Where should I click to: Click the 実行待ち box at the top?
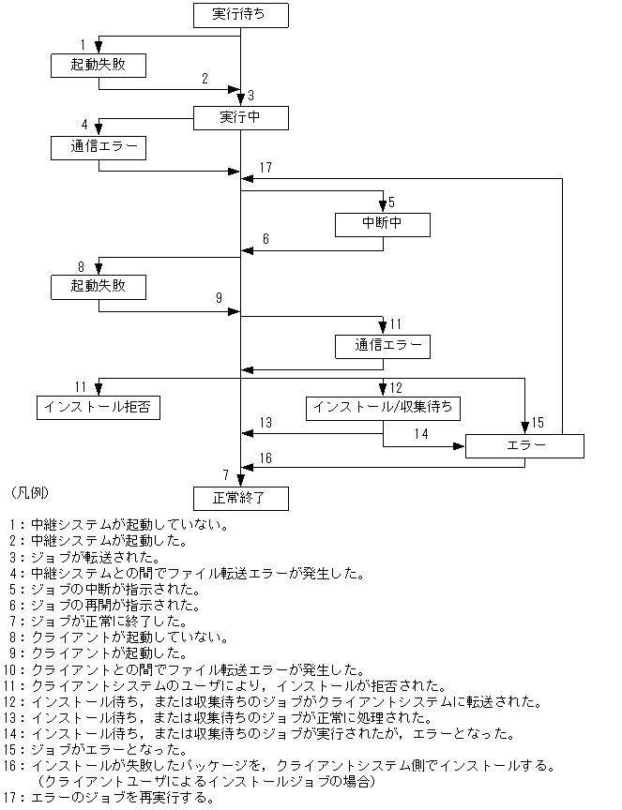pos(240,15)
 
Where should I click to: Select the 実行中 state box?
pos(240,117)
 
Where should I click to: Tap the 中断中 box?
pos(383,225)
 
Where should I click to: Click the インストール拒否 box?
pos(98,407)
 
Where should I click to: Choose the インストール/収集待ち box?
pos(383,408)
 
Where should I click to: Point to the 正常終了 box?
pos(240,498)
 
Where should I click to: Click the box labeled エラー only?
pos(524,446)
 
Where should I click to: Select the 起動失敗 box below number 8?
pos(98,285)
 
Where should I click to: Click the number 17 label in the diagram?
pos(265,168)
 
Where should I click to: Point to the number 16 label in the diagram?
pos(265,457)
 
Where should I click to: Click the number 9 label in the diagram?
pos(219,298)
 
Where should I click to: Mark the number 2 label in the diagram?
pos(205,78)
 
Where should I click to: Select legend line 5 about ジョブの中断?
pos(103,589)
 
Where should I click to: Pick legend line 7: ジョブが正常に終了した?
pos(103,621)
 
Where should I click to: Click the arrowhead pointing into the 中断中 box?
pos(383,207)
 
